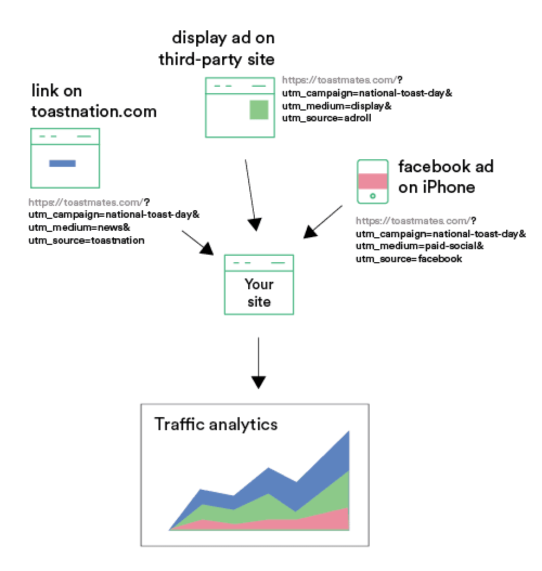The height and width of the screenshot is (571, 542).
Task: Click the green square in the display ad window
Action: [259, 110]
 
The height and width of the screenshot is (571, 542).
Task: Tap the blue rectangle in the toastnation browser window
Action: [62, 164]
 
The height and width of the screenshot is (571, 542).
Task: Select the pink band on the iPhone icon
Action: [372, 180]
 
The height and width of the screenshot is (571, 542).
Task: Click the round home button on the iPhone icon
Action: [372, 196]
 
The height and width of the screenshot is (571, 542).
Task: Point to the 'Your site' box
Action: [259, 284]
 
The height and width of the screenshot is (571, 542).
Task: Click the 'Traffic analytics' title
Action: [216, 424]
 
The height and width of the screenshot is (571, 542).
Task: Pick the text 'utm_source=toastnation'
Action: [86, 240]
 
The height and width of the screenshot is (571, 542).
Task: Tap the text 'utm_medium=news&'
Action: [79, 227]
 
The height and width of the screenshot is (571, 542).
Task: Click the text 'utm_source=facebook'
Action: [409, 259]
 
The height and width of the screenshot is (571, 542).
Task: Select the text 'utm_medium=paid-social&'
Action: [420, 246]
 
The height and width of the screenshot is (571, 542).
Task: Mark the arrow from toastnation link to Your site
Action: [198, 242]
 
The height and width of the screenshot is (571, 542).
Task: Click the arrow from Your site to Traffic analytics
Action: [259, 362]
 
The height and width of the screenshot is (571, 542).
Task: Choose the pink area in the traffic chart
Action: [325, 521]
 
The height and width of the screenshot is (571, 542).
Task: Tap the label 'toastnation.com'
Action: [93, 112]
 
